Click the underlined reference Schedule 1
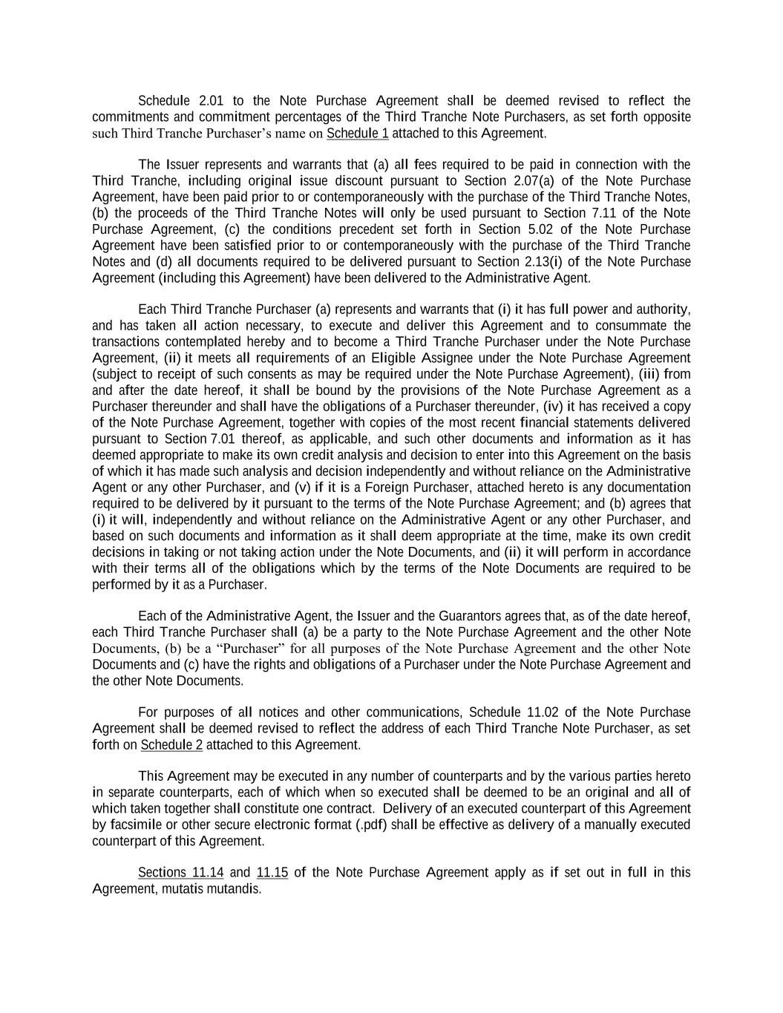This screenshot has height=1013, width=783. click(357, 134)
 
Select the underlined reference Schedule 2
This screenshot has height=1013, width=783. click(171, 745)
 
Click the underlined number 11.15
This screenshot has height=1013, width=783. click(272, 873)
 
